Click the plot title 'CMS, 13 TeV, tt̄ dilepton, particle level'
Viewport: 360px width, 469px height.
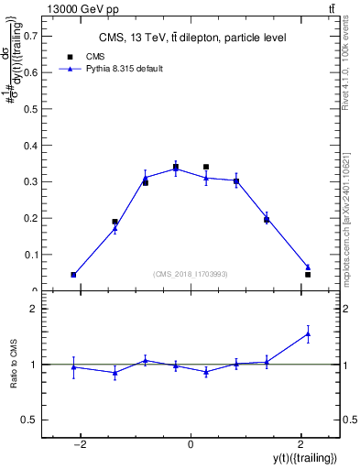(x=190, y=38)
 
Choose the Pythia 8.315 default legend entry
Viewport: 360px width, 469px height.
(x=118, y=69)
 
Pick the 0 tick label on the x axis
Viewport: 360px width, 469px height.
(x=191, y=444)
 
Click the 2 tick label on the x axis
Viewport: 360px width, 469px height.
(x=300, y=444)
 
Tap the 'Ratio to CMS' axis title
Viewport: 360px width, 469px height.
(x=14, y=364)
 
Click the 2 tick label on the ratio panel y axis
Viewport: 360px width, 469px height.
(x=35, y=310)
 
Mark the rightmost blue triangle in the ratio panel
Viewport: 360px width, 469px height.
(x=308, y=334)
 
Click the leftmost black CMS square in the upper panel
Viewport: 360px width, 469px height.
(x=73, y=275)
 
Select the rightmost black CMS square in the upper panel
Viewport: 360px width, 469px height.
(x=308, y=275)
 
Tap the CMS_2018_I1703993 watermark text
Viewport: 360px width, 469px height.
(x=190, y=274)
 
